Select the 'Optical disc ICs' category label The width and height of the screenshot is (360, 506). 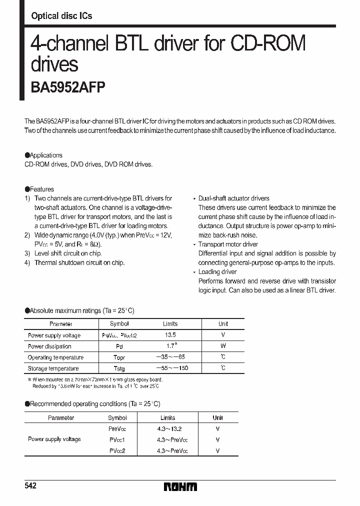(x=61, y=16)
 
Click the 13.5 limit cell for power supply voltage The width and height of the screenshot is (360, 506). (x=170, y=335)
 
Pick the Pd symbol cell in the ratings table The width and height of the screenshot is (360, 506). (x=119, y=346)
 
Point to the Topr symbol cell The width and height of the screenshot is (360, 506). (x=119, y=357)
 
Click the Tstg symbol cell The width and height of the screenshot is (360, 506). (x=119, y=368)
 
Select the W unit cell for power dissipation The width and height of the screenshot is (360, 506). (x=223, y=346)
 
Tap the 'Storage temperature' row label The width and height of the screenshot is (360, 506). (x=53, y=368)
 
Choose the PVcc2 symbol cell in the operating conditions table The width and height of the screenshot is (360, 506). (x=117, y=450)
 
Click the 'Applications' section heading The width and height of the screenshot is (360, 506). (x=46, y=155)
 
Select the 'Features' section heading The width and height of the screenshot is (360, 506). (x=42, y=189)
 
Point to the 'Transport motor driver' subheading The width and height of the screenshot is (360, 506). (x=228, y=244)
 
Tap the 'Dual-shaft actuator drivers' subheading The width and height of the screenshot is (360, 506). (x=233, y=198)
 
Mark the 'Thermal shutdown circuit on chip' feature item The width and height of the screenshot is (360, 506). (x=79, y=262)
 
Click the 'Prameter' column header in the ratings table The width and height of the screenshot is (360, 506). (x=61, y=324)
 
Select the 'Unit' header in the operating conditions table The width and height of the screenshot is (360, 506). (x=217, y=417)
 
